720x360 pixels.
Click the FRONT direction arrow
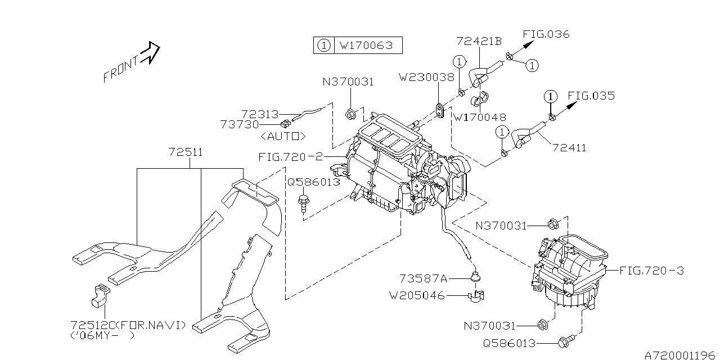pyautogui.click(x=150, y=53)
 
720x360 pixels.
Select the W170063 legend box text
pyautogui.click(x=368, y=45)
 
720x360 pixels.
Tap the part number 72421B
pyautogui.click(x=478, y=41)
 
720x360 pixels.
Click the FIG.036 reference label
pyautogui.click(x=546, y=34)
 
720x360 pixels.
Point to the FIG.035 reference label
pyautogui.click(x=591, y=96)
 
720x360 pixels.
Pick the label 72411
pyautogui.click(x=569, y=148)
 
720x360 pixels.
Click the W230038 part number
pyautogui.click(x=426, y=77)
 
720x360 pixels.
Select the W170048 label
pyautogui.click(x=480, y=118)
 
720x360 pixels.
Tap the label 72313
pyautogui.click(x=260, y=114)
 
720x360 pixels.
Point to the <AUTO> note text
pyautogui.click(x=283, y=136)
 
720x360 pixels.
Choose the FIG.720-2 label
pyautogui.click(x=290, y=157)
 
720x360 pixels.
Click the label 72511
pyautogui.click(x=186, y=152)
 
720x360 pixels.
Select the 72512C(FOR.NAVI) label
pyautogui.click(x=129, y=325)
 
